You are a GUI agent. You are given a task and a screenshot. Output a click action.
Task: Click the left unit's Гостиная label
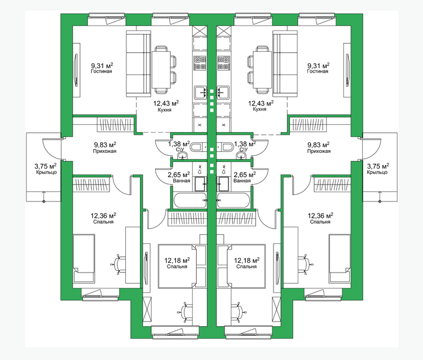[x=102, y=71]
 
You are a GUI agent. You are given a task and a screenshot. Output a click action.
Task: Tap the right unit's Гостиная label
[x=318, y=71]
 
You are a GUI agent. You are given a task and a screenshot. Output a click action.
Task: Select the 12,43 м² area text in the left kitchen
[x=166, y=103]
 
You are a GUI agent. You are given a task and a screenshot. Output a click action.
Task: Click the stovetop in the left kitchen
[x=200, y=63]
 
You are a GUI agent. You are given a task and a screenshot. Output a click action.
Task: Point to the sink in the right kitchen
[x=223, y=92]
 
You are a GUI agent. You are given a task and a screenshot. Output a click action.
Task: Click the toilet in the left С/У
[x=197, y=147]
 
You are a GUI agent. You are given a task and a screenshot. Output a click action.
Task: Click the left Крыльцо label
[x=46, y=173]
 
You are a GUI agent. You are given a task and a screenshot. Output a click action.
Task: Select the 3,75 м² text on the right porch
[x=378, y=166]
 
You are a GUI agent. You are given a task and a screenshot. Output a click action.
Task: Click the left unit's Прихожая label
[x=105, y=151]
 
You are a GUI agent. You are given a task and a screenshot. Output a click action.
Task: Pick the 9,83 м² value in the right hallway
[x=319, y=145]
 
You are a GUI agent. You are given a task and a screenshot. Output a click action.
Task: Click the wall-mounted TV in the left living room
[x=76, y=69]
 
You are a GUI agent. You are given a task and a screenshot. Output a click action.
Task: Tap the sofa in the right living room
[x=285, y=63]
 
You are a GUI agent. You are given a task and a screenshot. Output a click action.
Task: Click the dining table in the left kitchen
[x=161, y=69]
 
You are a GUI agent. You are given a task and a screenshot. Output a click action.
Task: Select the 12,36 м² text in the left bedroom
[x=103, y=216]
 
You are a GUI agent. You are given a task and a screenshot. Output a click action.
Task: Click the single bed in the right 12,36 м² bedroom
[x=340, y=259]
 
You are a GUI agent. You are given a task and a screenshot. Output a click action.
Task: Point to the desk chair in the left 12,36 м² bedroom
[x=118, y=264]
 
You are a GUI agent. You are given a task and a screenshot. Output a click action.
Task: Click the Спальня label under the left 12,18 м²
[x=177, y=267]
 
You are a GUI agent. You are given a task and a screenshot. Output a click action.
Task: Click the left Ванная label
[x=182, y=181]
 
